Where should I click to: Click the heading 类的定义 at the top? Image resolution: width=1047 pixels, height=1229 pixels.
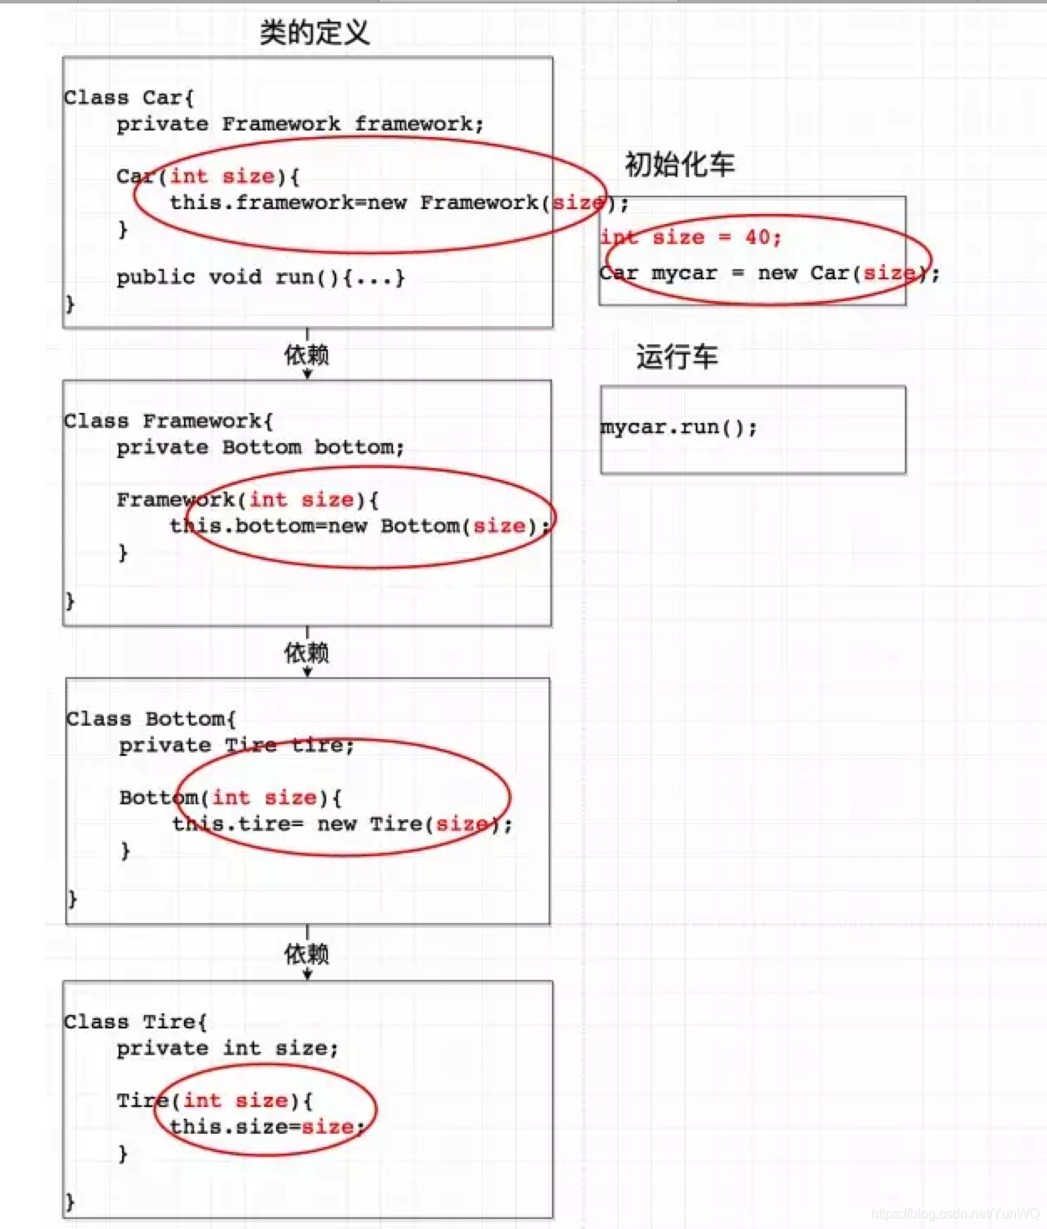314,33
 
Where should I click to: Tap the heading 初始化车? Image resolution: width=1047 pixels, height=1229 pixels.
679,164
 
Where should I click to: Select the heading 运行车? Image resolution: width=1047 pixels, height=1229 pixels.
677,357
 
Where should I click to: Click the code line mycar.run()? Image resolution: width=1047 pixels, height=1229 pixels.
678,427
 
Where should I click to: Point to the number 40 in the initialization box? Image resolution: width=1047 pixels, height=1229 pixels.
757,237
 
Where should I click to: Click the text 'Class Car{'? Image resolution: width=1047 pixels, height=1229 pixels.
129,98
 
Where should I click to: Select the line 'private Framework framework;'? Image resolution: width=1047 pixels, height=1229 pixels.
299,125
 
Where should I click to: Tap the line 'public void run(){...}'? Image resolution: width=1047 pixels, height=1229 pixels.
260,278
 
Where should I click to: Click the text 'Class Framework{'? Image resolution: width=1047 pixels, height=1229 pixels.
168,421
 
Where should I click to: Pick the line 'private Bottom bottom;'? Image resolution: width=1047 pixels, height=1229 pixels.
260,447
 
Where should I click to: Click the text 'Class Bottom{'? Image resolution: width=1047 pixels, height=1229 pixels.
151,719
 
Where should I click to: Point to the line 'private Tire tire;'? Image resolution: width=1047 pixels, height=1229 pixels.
237,745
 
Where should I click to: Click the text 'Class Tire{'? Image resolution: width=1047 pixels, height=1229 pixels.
135,1022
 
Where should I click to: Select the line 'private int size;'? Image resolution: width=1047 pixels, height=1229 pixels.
227,1048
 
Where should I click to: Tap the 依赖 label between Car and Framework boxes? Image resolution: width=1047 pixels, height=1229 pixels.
307,354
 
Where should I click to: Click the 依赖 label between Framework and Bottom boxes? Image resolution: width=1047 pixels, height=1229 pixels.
307,652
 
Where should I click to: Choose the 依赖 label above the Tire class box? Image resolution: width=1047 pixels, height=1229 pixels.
307,953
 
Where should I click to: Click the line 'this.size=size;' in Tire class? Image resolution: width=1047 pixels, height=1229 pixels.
267,1127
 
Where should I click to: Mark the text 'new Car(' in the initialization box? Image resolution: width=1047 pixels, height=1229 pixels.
809,273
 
